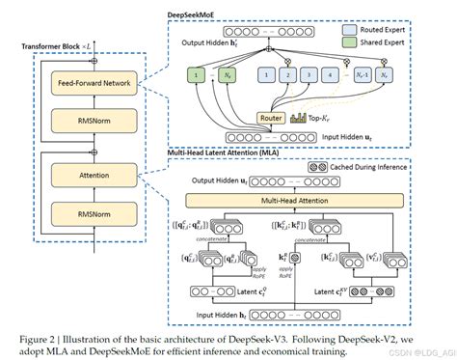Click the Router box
coord(273,117)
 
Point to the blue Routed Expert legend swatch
coord(355,30)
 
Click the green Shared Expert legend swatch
coord(355,43)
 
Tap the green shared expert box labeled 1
coord(198,73)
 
